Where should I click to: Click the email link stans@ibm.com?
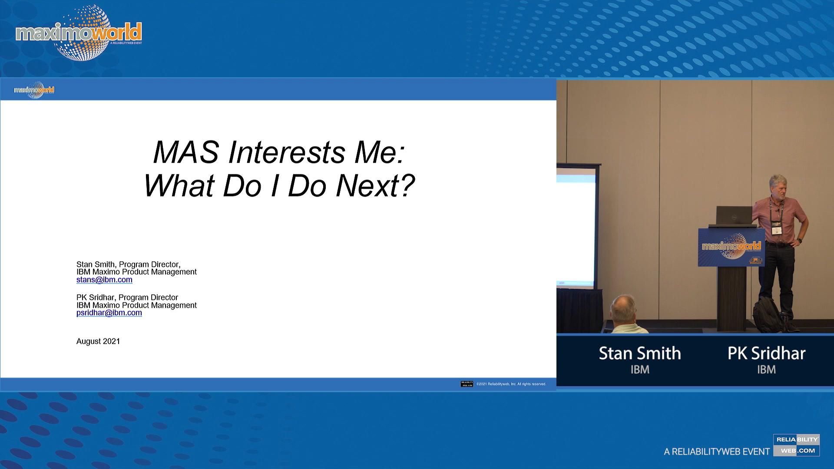104,280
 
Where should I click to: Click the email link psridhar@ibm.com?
109,313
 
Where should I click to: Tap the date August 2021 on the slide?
98,341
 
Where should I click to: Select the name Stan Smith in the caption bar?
639,353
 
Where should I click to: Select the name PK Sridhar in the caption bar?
766,353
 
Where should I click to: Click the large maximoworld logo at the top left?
79,33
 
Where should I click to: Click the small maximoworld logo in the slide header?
34,90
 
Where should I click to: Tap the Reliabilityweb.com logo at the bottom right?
796,445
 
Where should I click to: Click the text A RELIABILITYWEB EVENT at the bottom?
716,452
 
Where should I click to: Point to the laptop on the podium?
734,215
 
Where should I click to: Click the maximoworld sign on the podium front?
731,247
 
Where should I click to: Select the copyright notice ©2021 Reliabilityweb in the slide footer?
511,384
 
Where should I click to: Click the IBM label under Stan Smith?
639,370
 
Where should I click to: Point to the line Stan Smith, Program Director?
128,264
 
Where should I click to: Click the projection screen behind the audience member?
576,226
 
